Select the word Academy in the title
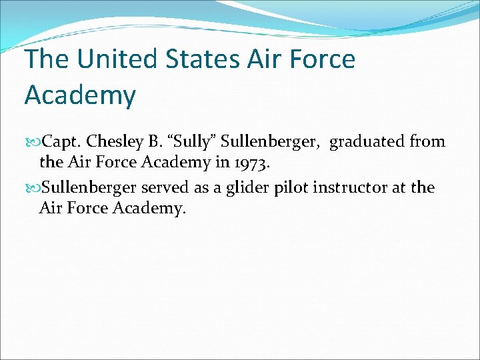(80, 95)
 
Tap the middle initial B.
(155, 141)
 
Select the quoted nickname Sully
(194, 141)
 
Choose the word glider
(248, 188)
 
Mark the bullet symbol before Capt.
(35, 142)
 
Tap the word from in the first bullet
(427, 141)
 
